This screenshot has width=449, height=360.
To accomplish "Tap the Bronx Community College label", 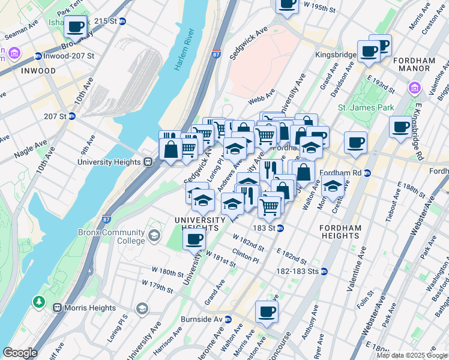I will (111, 237).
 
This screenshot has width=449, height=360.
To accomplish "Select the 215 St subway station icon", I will (122, 20).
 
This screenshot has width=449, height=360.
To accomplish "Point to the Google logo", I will (20, 353).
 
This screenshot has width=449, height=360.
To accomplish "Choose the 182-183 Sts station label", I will (298, 271).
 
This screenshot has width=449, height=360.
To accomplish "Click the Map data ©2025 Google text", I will (412, 355).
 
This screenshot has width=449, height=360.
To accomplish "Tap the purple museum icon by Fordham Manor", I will (414, 89).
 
